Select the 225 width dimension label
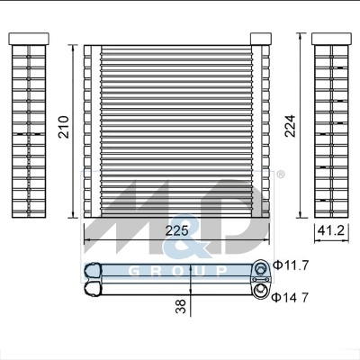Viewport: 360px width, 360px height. point(178,230)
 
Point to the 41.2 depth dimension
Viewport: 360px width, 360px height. point(330,231)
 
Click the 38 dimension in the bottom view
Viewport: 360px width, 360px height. point(183,307)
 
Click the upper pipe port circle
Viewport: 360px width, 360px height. point(262,267)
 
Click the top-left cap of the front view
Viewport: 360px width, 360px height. point(88,42)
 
